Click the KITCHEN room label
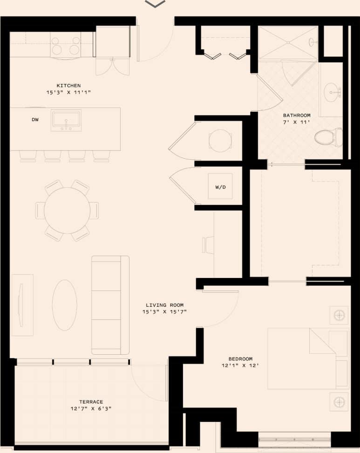pyautogui.click(x=68, y=86)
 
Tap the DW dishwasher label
pyautogui.click(x=35, y=120)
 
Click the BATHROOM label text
pyautogui.click(x=297, y=115)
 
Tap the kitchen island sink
pyautogui.click(x=66, y=120)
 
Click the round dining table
pyautogui.click(x=67, y=210)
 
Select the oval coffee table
pyautogui.click(x=64, y=305)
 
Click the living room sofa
pyautogui.click(x=110, y=305)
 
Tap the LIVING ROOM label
pyautogui.click(x=164, y=305)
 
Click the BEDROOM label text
pyautogui.click(x=240, y=358)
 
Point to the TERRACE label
pyautogui.click(x=91, y=402)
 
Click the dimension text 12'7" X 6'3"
pyautogui.click(x=91, y=409)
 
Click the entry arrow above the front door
pyautogui.click(x=155, y=4)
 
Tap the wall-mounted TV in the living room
pyautogui.click(x=20, y=305)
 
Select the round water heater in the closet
pyautogui.click(x=219, y=140)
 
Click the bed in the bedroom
pyautogui.click(x=307, y=358)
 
